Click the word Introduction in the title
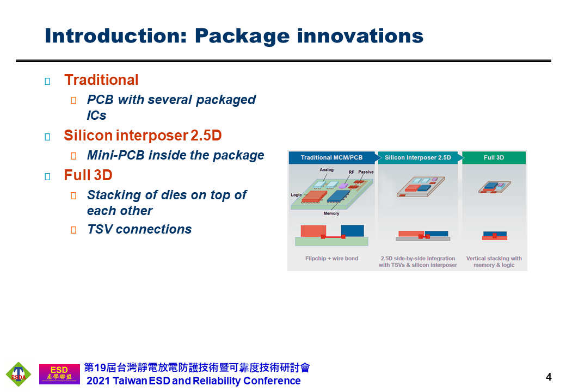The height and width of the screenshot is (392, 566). pos(115,36)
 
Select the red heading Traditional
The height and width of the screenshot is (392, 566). pos(101,80)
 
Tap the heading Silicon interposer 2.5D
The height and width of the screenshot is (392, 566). pos(143,136)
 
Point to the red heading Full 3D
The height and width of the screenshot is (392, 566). pos(88,175)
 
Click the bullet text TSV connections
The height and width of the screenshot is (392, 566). pos(139,229)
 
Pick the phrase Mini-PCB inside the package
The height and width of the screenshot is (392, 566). pos(175,155)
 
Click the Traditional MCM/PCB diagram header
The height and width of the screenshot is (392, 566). pos(331,157)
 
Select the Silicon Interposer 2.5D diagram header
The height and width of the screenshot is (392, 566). pos(417,157)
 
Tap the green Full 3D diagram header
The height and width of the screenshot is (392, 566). pos(494,157)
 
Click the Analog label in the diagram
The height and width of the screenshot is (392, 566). pos(327,170)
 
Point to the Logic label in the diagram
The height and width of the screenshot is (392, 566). pos(296,195)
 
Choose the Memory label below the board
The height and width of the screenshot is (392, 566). pos(331,213)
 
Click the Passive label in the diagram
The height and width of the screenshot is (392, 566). pos(366,172)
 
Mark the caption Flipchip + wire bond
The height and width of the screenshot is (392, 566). pos(332,259)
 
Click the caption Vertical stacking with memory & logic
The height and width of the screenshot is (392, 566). pos(494,262)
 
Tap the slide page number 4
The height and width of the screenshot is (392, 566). pos(549,377)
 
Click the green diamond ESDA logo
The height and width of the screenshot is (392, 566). pos(19,375)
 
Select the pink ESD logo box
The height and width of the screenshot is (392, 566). pos(59,374)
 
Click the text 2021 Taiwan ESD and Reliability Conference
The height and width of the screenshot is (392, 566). pos(194,381)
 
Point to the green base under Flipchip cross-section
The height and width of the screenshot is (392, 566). pos(331,242)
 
